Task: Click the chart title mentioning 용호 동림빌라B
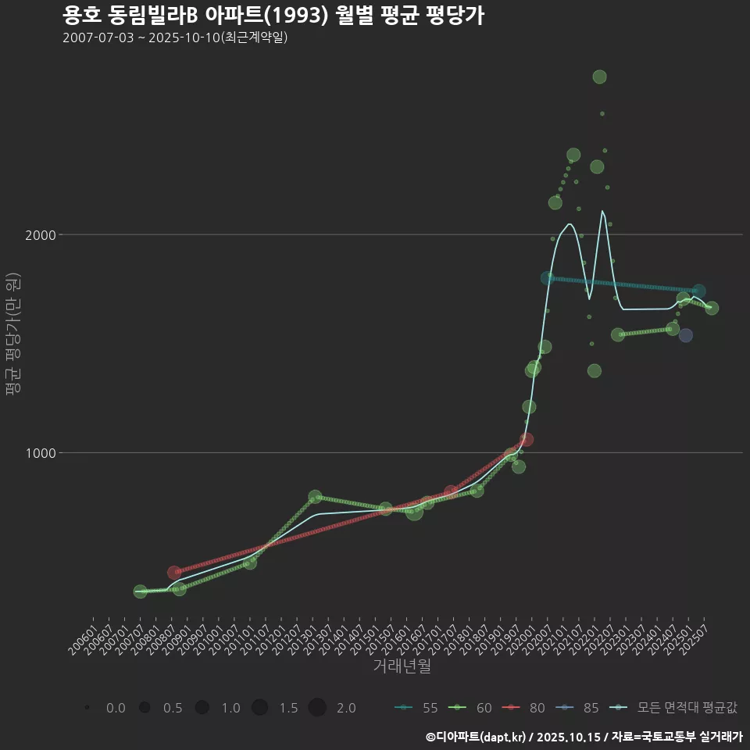[273, 16]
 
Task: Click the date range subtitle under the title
[175, 37]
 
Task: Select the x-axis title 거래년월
[402, 666]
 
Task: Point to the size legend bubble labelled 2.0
[317, 708]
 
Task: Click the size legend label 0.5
[173, 708]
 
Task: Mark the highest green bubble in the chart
[599, 77]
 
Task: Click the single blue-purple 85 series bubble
[685, 335]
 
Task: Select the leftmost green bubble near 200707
[140, 592]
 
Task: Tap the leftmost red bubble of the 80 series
[174, 573]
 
